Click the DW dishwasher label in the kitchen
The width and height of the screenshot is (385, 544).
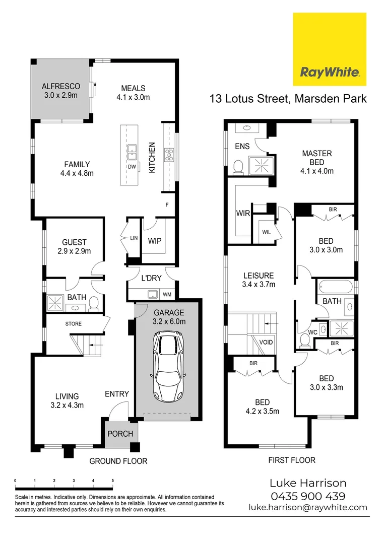(132, 166)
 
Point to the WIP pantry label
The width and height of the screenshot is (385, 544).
(154, 241)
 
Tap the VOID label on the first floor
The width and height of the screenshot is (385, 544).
(266, 343)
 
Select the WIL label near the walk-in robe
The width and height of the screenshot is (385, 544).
(266, 232)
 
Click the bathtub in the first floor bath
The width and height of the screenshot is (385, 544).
(336, 288)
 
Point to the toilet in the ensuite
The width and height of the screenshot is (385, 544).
(238, 165)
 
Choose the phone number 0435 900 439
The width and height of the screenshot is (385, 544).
(307, 496)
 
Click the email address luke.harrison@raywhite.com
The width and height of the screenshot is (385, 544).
(308, 508)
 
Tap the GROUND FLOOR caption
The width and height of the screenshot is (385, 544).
(118, 461)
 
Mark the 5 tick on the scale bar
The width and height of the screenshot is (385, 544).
(112, 482)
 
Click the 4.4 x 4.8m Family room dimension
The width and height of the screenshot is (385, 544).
(77, 173)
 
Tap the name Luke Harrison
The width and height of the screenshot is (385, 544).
(308, 483)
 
